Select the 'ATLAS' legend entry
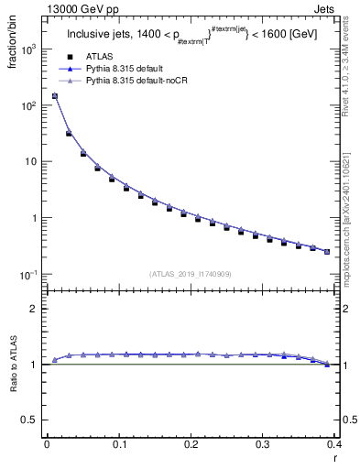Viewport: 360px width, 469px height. coord(100,57)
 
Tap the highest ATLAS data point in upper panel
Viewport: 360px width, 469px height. coord(54,95)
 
